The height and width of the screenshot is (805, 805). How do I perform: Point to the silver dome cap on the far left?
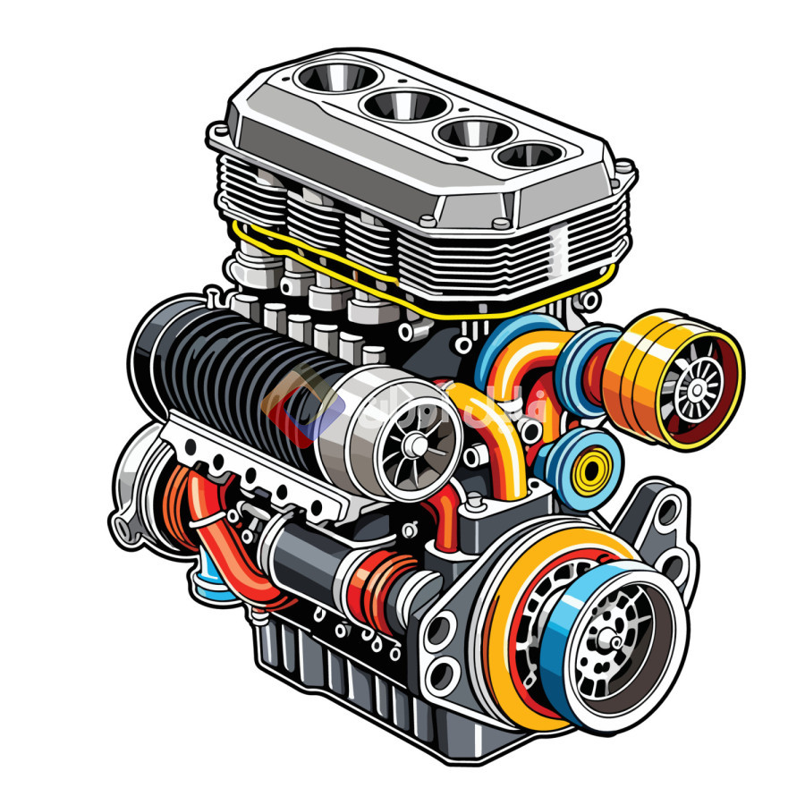[134, 483]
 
